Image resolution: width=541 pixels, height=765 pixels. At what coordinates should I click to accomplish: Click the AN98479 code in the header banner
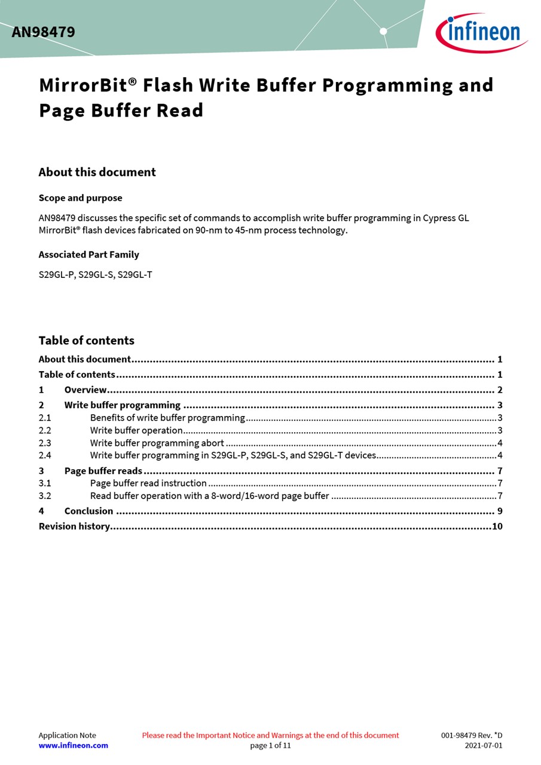pyautogui.click(x=43, y=32)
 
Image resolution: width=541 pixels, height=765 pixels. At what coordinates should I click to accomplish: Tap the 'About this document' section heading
pyautogui.click(x=97, y=172)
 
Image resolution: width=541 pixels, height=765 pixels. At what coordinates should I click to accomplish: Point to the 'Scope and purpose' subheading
pyautogui.click(x=80, y=198)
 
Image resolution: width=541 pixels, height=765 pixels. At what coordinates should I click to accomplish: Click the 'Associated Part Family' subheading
pyautogui.click(x=88, y=255)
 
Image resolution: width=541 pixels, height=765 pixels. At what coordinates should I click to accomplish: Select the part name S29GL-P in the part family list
pyautogui.click(x=57, y=275)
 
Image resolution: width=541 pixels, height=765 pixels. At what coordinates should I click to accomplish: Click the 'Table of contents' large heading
pyautogui.click(x=86, y=341)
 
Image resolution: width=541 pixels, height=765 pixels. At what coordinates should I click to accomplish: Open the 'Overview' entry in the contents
pyautogui.click(x=85, y=390)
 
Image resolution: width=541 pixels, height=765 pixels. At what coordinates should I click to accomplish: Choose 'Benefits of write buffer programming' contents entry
pyautogui.click(x=167, y=418)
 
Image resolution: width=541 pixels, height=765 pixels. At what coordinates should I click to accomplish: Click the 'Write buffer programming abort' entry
pyautogui.click(x=157, y=443)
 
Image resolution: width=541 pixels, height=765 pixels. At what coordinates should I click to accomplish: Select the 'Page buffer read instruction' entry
pyautogui.click(x=148, y=483)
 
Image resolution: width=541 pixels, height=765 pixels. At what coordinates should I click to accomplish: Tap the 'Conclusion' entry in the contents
pyautogui.click(x=88, y=511)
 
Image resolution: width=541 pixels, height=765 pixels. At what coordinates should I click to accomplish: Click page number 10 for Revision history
pyautogui.click(x=497, y=526)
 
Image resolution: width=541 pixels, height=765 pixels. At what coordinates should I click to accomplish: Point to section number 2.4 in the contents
pyautogui.click(x=45, y=455)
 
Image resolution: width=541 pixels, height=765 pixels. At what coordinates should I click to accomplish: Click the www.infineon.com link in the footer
pyautogui.click(x=73, y=745)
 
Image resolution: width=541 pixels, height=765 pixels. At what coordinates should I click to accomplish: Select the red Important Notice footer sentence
pyautogui.click(x=270, y=735)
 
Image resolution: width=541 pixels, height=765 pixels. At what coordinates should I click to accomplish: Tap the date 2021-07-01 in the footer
pyautogui.click(x=483, y=745)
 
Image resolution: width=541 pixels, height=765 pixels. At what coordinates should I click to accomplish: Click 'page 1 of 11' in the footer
pyautogui.click(x=270, y=745)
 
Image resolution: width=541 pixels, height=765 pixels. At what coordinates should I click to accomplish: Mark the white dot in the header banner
pyautogui.click(x=383, y=31)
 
